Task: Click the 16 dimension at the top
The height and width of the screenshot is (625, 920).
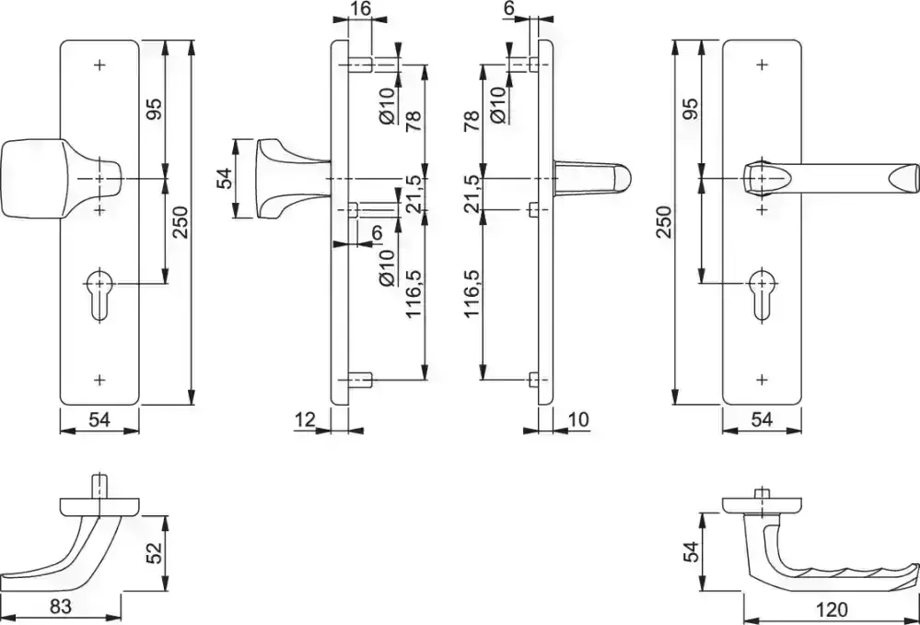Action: (x=360, y=9)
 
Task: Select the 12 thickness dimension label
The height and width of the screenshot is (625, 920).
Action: (x=305, y=419)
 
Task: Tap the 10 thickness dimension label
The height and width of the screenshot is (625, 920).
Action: (x=578, y=419)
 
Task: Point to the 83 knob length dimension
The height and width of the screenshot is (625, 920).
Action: (x=61, y=607)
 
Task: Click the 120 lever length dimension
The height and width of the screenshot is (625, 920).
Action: (x=832, y=608)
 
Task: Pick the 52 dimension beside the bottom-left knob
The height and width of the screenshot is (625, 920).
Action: (x=154, y=553)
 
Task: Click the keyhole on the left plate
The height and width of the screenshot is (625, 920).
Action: (x=100, y=295)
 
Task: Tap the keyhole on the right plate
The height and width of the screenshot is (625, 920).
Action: (x=763, y=295)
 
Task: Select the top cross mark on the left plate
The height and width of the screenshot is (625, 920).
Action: (x=100, y=65)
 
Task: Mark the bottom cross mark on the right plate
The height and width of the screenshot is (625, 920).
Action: (x=763, y=380)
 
